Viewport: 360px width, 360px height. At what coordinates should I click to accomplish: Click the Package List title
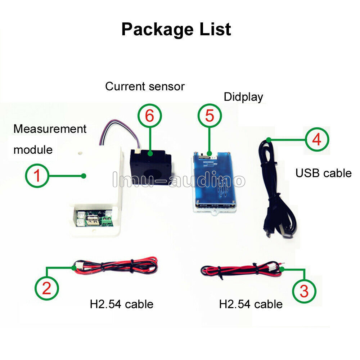[176, 30]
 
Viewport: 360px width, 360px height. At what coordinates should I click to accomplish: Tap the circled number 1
[37, 176]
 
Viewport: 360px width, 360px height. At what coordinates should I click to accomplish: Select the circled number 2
[46, 288]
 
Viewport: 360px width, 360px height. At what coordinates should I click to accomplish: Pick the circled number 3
[304, 291]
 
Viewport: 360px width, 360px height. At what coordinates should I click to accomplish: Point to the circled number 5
[210, 116]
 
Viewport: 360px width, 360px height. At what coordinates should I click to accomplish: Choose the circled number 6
[150, 116]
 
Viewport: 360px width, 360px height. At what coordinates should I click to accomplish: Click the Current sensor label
[145, 86]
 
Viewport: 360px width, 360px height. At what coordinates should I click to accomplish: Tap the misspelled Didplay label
[243, 97]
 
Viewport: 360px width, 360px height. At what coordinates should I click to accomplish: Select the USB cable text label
[323, 173]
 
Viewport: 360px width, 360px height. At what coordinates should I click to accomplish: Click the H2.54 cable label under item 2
[121, 305]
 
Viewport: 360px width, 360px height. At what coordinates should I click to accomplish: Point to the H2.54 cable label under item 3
[251, 305]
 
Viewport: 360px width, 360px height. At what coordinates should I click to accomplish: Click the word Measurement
[50, 129]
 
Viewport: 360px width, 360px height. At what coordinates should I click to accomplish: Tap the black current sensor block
[151, 167]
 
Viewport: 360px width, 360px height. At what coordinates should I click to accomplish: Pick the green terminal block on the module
[108, 221]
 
